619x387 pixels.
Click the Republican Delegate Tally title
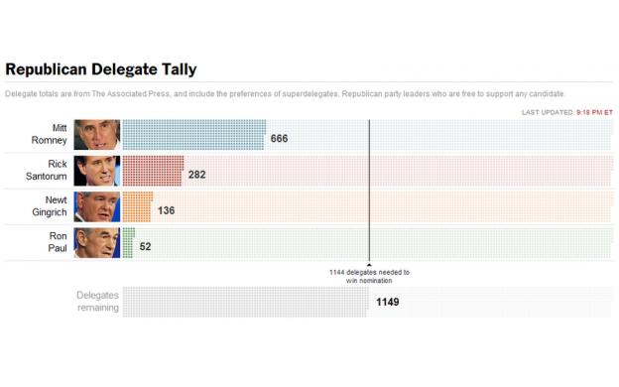pos(101,69)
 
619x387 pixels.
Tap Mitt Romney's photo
pos(96,135)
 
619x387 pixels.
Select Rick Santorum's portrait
pos(96,171)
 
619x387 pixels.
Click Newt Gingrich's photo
pos(96,206)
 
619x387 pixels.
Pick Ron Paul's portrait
pos(96,242)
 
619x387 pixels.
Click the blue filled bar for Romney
pos(193,135)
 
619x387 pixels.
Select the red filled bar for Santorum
pos(153,171)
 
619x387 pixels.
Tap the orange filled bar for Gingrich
pos(137,206)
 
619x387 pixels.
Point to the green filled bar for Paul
pos(127,242)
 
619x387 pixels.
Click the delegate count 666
pos(279,139)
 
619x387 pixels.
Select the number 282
pos(196,175)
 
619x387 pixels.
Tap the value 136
pos(166,210)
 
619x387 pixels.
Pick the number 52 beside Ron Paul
pos(145,246)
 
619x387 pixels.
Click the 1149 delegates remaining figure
pos(387,302)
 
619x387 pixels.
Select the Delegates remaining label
pos(97,301)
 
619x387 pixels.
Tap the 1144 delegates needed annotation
pos(369,276)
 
